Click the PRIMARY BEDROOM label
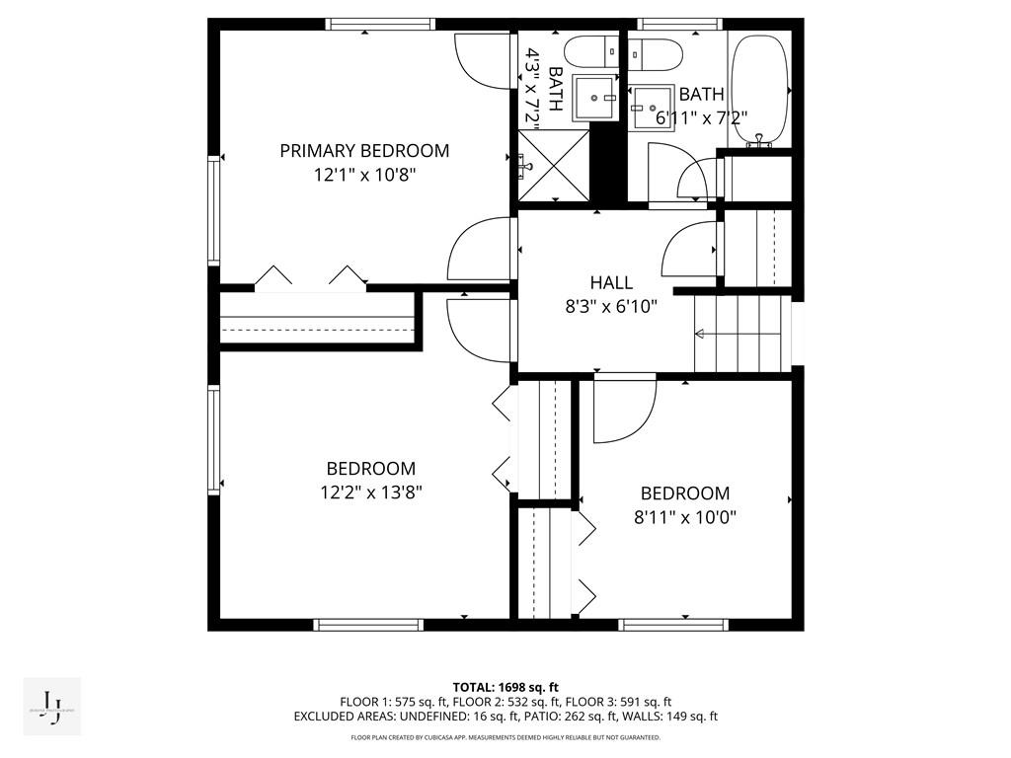[364, 151]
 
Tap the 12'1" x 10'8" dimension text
[364, 175]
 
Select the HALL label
[611, 283]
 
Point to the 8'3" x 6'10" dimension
[611, 307]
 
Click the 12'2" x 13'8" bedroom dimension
[371, 492]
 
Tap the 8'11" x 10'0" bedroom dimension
[685, 516]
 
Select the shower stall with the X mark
[554, 167]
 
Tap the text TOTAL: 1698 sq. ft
[505, 687]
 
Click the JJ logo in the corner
[51, 707]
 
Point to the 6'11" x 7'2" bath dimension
[702, 116]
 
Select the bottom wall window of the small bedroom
[673, 624]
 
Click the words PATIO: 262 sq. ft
[572, 717]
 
